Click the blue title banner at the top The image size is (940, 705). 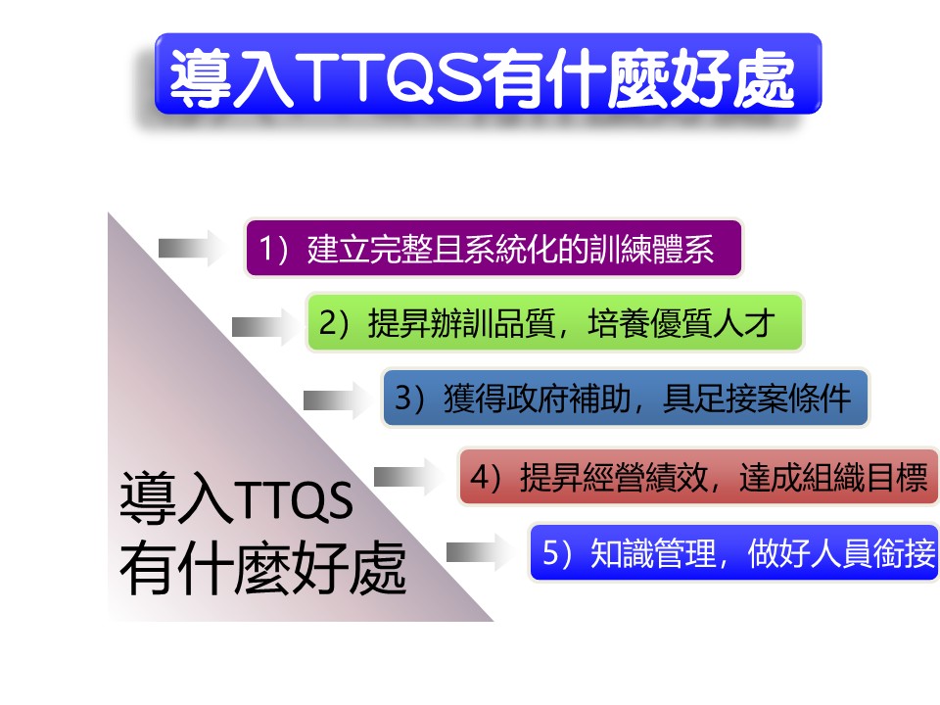[488, 73]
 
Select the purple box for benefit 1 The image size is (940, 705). [493, 248]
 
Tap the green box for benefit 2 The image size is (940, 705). [554, 322]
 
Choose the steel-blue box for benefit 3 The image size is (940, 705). [626, 399]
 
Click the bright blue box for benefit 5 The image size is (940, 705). [734, 552]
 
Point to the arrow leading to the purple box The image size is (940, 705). [192, 248]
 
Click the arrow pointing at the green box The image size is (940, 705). [265, 327]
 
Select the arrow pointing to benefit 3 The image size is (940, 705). [337, 399]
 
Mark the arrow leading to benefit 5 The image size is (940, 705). [480, 552]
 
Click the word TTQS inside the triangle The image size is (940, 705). [294, 499]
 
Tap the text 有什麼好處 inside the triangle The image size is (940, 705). [263, 567]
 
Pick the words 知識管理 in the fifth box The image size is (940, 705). [653, 552]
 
